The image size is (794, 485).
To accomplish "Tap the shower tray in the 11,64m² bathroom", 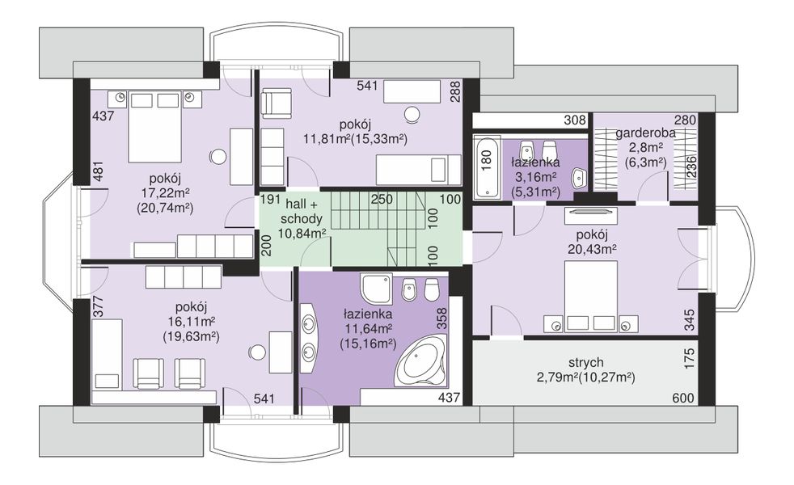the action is point(376,289).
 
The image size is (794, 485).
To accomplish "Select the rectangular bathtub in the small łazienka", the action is point(486,166).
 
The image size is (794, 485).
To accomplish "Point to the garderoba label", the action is point(645,133).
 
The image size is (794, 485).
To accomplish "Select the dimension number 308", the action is point(575,120).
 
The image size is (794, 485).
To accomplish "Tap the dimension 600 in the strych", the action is point(683,399).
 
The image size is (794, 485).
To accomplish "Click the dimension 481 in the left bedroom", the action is point(99,171).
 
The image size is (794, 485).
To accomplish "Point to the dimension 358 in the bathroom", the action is point(441,318).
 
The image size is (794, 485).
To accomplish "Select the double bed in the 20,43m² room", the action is point(590,297).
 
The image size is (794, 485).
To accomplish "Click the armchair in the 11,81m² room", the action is point(277,102).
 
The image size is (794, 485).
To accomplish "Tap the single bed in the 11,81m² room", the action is point(418,170).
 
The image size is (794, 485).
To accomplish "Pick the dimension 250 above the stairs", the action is point(382,199).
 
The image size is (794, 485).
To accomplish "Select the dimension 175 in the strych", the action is point(689,358).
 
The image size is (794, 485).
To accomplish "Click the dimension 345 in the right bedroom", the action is point(689,320).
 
